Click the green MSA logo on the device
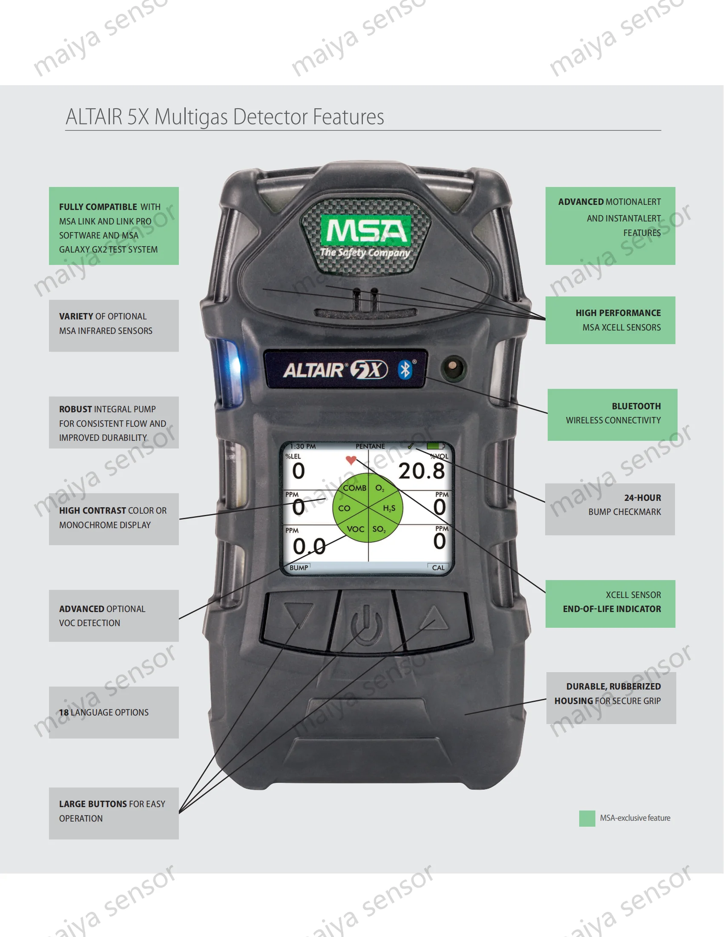366,231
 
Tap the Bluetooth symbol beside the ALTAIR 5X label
405,370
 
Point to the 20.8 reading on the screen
422,471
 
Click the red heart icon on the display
351,460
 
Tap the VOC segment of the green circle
355,529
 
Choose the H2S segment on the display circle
389,509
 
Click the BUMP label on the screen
299,568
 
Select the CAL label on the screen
438,568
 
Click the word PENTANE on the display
370,446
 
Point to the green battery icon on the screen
434,446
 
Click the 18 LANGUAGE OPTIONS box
114,712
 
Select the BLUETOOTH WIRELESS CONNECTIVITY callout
612,414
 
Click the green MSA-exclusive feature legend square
587,818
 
